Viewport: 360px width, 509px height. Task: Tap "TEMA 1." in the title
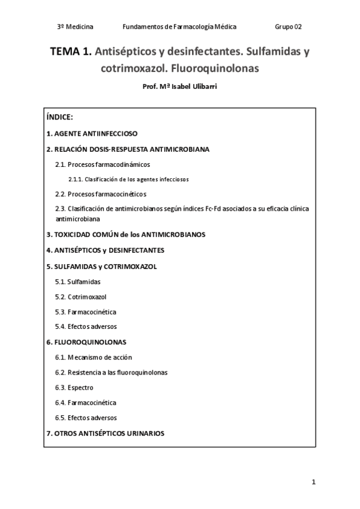click(x=71, y=52)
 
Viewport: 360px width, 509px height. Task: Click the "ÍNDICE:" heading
click(x=59, y=117)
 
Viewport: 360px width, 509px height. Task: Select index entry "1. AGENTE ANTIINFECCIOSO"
click(x=92, y=134)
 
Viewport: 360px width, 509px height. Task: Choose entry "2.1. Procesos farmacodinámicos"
click(x=102, y=164)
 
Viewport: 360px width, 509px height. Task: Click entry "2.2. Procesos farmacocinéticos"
click(x=100, y=194)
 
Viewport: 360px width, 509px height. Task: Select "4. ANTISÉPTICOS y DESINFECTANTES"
click(x=105, y=250)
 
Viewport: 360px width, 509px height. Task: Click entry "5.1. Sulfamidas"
click(x=77, y=281)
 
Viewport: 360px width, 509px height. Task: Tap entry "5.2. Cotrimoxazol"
click(x=81, y=297)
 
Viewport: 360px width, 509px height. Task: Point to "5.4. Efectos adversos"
click(x=86, y=327)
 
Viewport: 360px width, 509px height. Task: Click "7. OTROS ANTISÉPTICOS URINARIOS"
click(x=105, y=433)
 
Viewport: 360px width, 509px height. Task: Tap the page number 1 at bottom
click(x=313, y=482)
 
